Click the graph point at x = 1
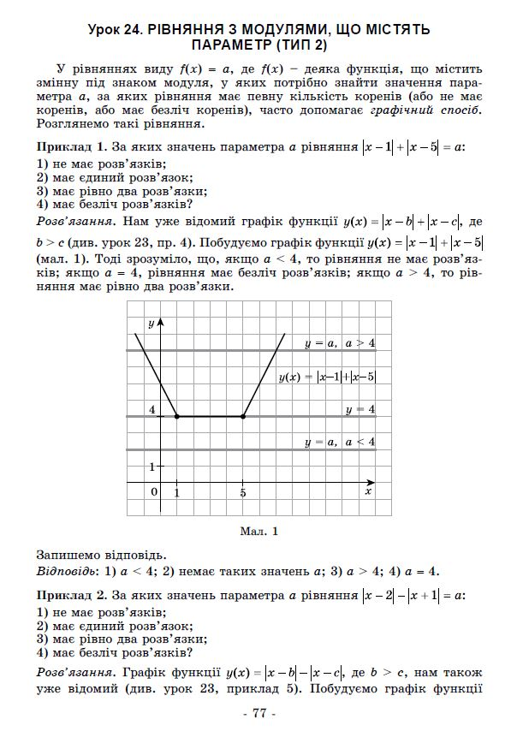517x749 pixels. point(176,416)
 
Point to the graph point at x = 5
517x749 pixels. point(243,416)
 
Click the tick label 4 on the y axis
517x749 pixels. point(152,410)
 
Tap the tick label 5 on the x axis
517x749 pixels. point(243,493)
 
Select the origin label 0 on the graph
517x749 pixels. point(154,492)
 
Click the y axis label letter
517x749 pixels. point(151,323)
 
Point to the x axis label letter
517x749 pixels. point(368,492)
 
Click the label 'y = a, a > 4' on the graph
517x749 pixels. point(340,342)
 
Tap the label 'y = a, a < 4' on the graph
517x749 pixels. point(340,442)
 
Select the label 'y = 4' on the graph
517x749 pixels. point(360,409)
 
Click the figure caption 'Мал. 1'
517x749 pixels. point(261,532)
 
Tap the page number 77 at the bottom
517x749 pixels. point(259,714)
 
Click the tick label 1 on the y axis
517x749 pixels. point(152,467)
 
